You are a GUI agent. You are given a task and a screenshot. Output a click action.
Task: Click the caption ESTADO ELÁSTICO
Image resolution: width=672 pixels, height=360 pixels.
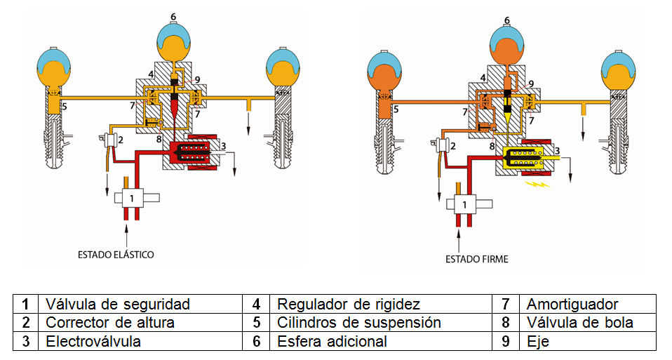pyautogui.click(x=117, y=254)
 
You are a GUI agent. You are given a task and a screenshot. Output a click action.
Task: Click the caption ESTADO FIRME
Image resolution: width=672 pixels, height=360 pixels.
pyautogui.click(x=476, y=259)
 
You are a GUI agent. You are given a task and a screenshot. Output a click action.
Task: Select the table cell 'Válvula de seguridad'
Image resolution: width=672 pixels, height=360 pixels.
pyautogui.click(x=118, y=305)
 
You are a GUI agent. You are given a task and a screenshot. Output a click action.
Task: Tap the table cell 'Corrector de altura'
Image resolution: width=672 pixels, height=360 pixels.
pyautogui.click(x=110, y=323)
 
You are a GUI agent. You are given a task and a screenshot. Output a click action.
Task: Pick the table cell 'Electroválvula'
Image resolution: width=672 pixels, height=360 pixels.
pyautogui.click(x=93, y=341)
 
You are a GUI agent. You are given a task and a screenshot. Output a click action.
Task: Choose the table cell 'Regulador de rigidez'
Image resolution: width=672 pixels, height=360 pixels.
pyautogui.click(x=349, y=305)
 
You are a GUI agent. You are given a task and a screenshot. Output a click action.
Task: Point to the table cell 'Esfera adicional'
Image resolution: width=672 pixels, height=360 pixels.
pyautogui.click(x=332, y=341)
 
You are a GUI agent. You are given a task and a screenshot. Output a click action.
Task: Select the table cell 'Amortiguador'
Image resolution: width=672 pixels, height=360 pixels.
pyautogui.click(x=572, y=305)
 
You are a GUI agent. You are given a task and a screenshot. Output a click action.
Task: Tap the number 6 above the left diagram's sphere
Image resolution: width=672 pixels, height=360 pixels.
pyautogui.click(x=173, y=15)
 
